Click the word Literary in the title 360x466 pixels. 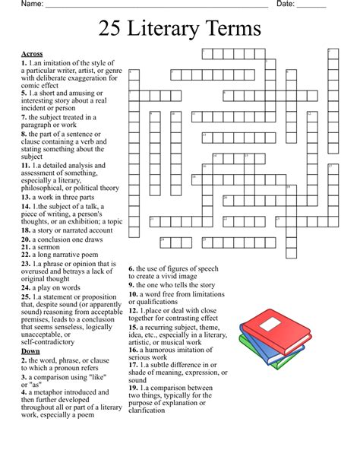coord(181,30)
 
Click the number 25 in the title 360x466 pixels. coord(112,30)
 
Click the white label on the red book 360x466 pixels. coord(271,324)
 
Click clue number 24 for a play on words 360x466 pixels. coord(26,288)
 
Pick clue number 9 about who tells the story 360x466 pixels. coord(132,285)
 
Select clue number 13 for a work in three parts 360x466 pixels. coord(26,196)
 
